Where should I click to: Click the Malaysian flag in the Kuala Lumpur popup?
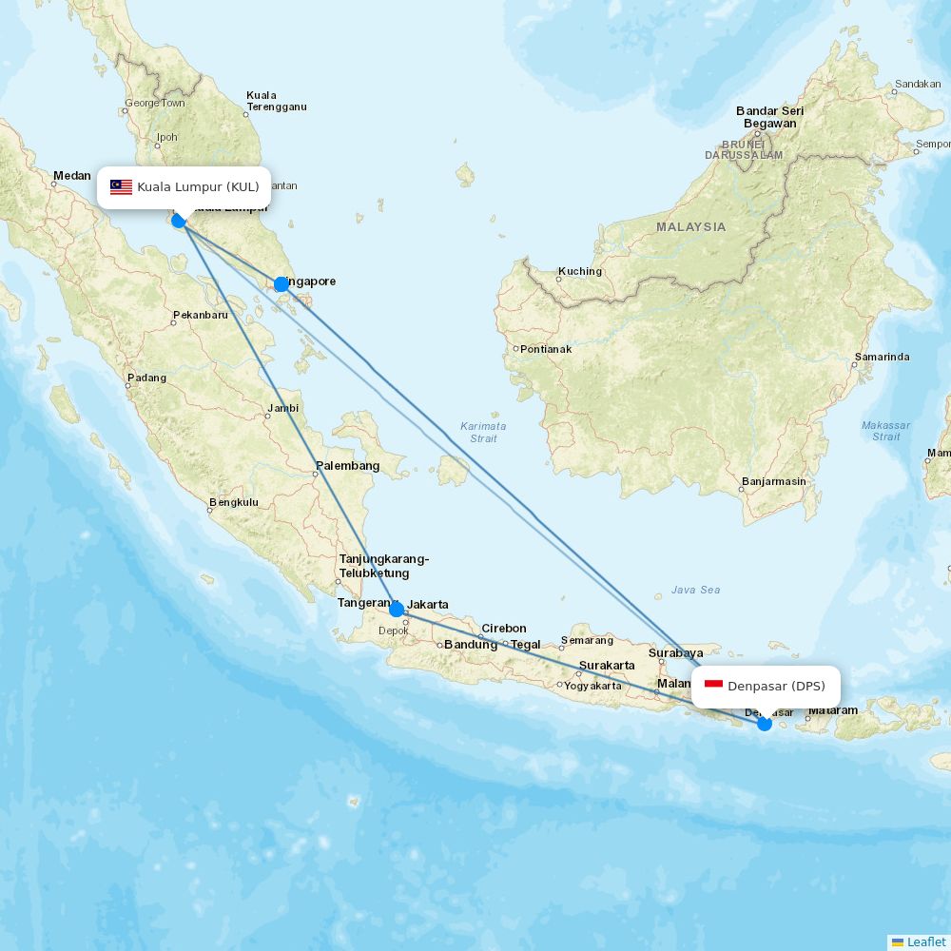[x=121, y=186]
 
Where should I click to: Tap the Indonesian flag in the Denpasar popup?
[x=713, y=686]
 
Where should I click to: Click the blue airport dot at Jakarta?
[x=397, y=609]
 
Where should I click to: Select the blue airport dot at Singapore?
[x=281, y=284]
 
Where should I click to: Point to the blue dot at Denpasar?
[x=765, y=724]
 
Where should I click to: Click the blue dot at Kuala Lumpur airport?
[x=178, y=221]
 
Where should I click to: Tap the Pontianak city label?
[x=546, y=349]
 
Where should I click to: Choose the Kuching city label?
[x=580, y=271]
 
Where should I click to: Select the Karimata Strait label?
[x=483, y=432]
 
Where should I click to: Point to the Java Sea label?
[x=695, y=590]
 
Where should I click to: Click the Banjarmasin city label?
[x=774, y=481]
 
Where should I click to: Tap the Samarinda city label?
[x=883, y=358]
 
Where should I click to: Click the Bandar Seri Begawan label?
[x=769, y=117]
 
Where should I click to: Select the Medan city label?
[x=72, y=176]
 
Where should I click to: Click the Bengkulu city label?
[x=234, y=502]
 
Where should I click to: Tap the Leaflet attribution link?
[x=925, y=941]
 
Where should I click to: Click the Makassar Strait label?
[x=885, y=431]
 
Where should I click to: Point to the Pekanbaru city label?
[x=201, y=315]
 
